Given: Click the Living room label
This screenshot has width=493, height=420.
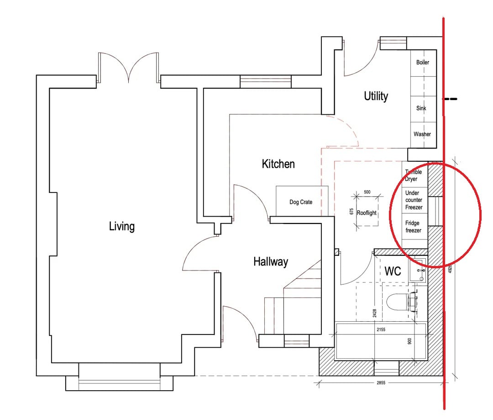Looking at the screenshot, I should point(122,226).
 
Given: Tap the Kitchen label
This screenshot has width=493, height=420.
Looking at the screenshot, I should point(278,164).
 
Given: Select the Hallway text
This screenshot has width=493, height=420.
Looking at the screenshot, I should point(271,262).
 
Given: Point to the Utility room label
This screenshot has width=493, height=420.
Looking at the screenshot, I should point(376,96).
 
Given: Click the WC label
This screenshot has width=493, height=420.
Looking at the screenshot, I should point(393,271).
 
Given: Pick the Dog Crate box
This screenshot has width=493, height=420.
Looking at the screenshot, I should point(300,202).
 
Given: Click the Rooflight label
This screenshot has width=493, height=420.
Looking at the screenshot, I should point(367,213).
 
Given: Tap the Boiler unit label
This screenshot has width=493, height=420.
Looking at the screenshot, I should point(423,62).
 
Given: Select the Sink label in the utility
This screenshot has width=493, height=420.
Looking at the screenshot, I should point(421,108).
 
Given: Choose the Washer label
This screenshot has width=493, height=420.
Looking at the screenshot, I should point(422,134).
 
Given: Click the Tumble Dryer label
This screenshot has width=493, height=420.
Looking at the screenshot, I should point(414,175).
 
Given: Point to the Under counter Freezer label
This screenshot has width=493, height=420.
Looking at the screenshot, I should point(414,200).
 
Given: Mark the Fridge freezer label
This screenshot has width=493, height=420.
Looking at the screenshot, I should point(413,227).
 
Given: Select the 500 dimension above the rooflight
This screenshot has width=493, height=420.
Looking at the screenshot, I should point(367,192).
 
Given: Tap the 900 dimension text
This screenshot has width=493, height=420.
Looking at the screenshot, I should point(409,341).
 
